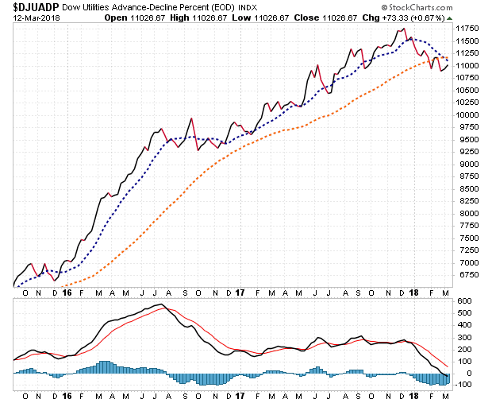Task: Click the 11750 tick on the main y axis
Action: pos(468,28)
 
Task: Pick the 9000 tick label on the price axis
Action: pos(466,164)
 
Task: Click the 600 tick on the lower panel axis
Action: pos(463,300)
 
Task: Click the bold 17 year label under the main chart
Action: pos(240,293)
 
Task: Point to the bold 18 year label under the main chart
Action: pos(413,293)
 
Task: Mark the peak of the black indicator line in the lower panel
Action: pos(160,304)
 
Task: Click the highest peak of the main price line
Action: pos(405,29)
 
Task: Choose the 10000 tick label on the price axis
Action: pos(468,114)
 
